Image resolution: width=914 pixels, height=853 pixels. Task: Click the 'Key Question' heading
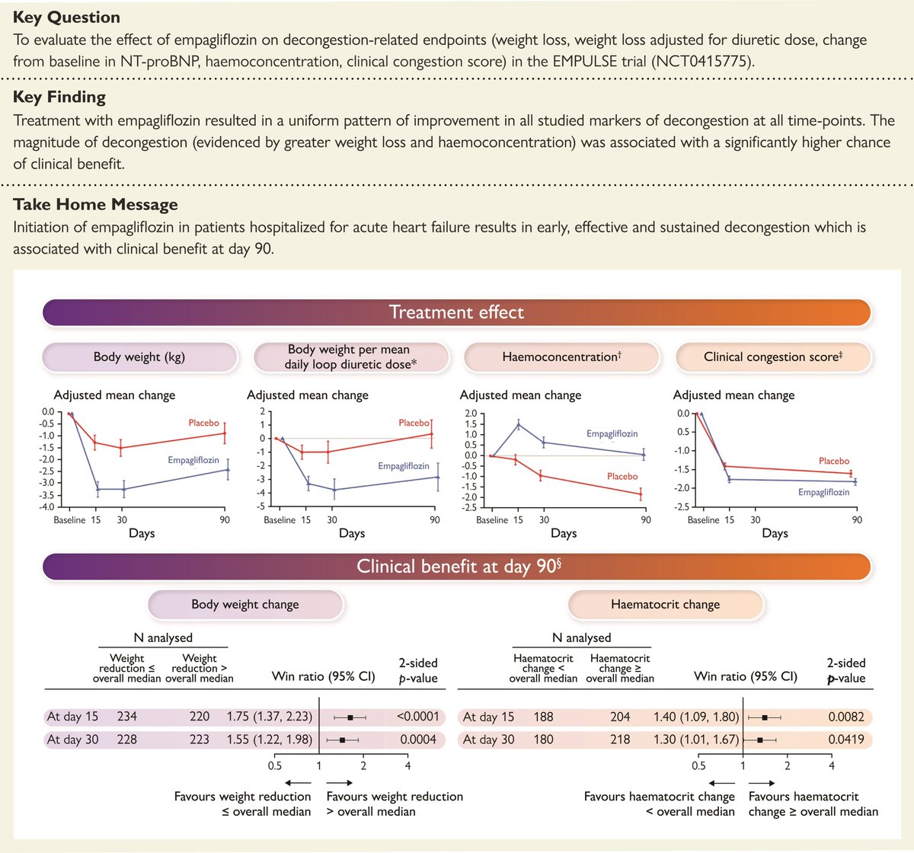point(66,17)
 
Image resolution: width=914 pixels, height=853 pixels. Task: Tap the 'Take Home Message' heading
point(95,204)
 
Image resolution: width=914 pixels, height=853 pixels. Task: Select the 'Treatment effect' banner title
point(456,312)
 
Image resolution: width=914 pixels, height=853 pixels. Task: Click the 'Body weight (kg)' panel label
point(139,356)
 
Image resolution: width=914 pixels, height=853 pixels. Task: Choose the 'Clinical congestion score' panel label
point(773,356)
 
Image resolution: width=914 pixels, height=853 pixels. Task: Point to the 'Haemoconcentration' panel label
point(561,356)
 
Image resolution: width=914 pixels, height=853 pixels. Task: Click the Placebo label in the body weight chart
point(204,423)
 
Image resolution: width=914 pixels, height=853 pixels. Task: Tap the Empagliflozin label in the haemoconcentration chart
point(612,433)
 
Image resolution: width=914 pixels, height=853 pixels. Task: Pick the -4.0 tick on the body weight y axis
point(46,506)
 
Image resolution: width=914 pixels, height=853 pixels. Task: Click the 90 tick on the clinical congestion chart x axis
point(857,520)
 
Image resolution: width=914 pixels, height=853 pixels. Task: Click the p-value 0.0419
point(846,740)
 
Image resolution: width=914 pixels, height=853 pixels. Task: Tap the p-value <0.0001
point(417,717)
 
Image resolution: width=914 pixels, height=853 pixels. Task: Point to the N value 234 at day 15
point(127,717)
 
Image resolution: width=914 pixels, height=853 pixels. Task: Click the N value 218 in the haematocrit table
point(620,740)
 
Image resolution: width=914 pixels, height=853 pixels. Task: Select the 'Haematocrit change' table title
point(665,605)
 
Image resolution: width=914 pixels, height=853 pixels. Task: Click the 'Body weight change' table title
point(245,605)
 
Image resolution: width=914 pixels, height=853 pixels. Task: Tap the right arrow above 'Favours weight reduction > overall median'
point(339,782)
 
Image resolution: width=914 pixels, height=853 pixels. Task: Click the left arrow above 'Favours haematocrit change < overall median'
point(721,782)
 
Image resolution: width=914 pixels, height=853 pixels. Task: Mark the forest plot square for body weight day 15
point(350,717)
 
